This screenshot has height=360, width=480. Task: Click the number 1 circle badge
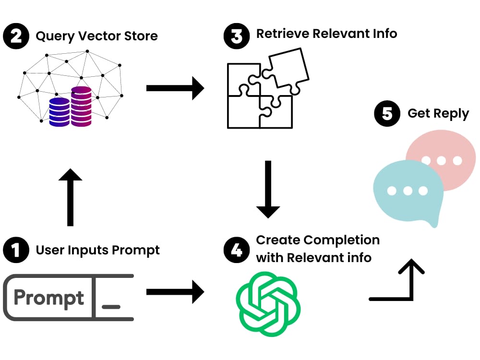point(16,251)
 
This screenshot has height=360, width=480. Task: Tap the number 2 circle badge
point(16,36)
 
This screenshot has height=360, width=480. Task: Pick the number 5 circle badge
point(387,114)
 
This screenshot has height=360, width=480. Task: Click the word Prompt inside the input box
point(48,298)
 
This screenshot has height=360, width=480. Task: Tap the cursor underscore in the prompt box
point(111,306)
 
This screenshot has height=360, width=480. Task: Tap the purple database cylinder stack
point(81,106)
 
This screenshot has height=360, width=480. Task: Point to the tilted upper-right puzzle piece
point(288,70)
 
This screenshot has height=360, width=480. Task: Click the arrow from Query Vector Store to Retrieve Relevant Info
point(175,88)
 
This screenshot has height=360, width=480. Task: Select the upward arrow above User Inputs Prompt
point(71,197)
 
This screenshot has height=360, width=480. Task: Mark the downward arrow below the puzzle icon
point(268,190)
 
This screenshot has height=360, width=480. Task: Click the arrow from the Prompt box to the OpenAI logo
point(175,291)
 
